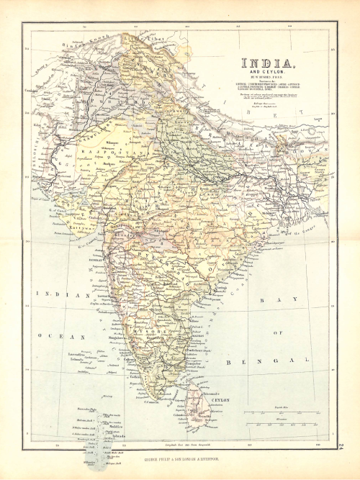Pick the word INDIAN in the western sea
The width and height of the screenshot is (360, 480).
tap(59, 295)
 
